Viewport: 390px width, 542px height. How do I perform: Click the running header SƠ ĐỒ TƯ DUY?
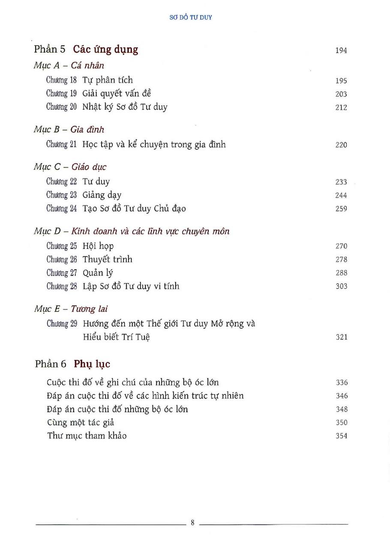click(191, 18)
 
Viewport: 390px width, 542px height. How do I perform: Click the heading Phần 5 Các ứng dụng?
click(86, 49)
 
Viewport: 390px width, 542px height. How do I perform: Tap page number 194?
click(341, 51)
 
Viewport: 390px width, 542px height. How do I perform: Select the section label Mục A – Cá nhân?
click(69, 66)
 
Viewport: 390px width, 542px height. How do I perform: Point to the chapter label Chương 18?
click(61, 80)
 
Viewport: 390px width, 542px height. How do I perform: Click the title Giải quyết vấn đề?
click(117, 93)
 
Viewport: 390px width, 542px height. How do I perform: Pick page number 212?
click(341, 108)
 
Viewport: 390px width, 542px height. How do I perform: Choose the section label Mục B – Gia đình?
click(69, 129)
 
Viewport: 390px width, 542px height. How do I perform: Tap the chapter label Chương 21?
click(61, 144)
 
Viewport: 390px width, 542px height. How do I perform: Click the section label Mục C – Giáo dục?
click(70, 167)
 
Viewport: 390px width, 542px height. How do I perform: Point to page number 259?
click(341, 209)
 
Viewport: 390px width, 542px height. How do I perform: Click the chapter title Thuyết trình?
click(108, 259)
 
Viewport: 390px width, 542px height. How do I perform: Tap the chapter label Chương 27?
click(61, 273)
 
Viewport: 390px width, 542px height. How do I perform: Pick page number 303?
click(341, 286)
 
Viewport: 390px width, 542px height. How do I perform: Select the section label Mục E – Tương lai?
click(71, 308)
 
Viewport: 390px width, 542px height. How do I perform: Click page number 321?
click(341, 337)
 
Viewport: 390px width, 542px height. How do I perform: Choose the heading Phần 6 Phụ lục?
click(72, 364)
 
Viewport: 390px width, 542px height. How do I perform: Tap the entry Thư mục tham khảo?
click(87, 436)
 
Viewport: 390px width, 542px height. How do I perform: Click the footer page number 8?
click(193, 523)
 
